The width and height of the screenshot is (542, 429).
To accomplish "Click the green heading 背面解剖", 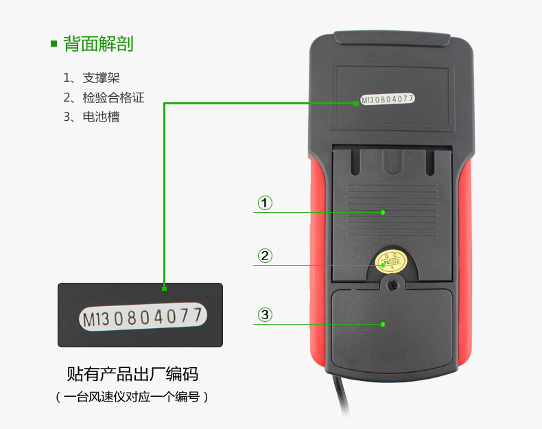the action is tap(98, 44).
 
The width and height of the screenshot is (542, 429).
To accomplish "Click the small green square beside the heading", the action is tap(54, 43).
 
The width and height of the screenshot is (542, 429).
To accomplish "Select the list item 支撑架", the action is tap(101, 78).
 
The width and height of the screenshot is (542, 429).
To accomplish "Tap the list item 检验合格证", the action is tap(113, 97).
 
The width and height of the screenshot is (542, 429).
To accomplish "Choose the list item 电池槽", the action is tap(101, 117).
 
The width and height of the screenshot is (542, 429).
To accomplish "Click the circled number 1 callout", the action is tap(265, 203).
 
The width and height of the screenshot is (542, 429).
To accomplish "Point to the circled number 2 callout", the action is tap(265, 256).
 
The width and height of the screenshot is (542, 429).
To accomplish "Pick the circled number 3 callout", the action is tap(265, 314).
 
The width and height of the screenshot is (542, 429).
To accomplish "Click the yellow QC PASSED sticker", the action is tap(391, 261).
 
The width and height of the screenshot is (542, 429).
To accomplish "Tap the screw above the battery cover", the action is tap(392, 285).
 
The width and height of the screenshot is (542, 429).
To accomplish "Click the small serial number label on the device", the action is tap(388, 100).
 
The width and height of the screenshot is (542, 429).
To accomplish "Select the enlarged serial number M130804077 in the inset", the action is tap(143, 316).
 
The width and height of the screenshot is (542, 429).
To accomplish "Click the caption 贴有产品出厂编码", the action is tap(132, 374).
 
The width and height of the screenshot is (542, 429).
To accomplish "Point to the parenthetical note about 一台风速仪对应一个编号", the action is tap(132, 397).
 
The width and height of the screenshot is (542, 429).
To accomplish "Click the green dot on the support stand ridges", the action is tap(383, 212).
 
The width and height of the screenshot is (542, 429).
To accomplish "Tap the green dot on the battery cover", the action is tap(383, 324).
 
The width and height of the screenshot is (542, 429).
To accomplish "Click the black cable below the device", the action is tap(340, 394).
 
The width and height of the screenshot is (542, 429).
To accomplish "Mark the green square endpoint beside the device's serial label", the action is tap(356, 104).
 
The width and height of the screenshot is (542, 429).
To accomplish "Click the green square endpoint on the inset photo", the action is tap(164, 289).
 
